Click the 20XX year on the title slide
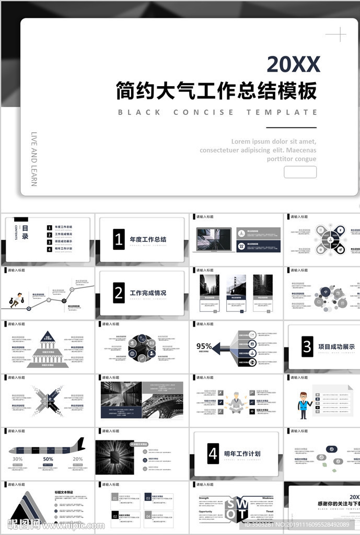(293, 64)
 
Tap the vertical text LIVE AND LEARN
(34, 159)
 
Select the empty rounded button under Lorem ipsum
(300, 172)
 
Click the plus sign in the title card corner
(335, 35)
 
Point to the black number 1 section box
(119, 239)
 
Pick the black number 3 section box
(307, 347)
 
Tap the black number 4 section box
(213, 453)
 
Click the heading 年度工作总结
(148, 239)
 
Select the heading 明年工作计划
(242, 453)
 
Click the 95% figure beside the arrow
(204, 346)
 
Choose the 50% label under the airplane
(48, 459)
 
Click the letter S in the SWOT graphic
(229, 504)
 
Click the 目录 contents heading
(25, 232)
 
